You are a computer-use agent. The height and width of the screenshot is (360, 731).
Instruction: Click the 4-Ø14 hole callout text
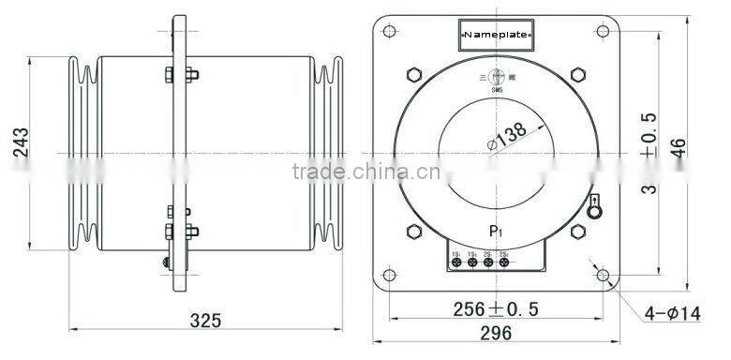(x=673, y=314)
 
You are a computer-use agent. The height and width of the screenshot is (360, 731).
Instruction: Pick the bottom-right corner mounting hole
(x=604, y=276)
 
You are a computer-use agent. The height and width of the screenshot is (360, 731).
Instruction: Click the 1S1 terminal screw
(x=456, y=262)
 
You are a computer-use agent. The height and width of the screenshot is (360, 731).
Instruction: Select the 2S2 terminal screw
(x=504, y=262)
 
